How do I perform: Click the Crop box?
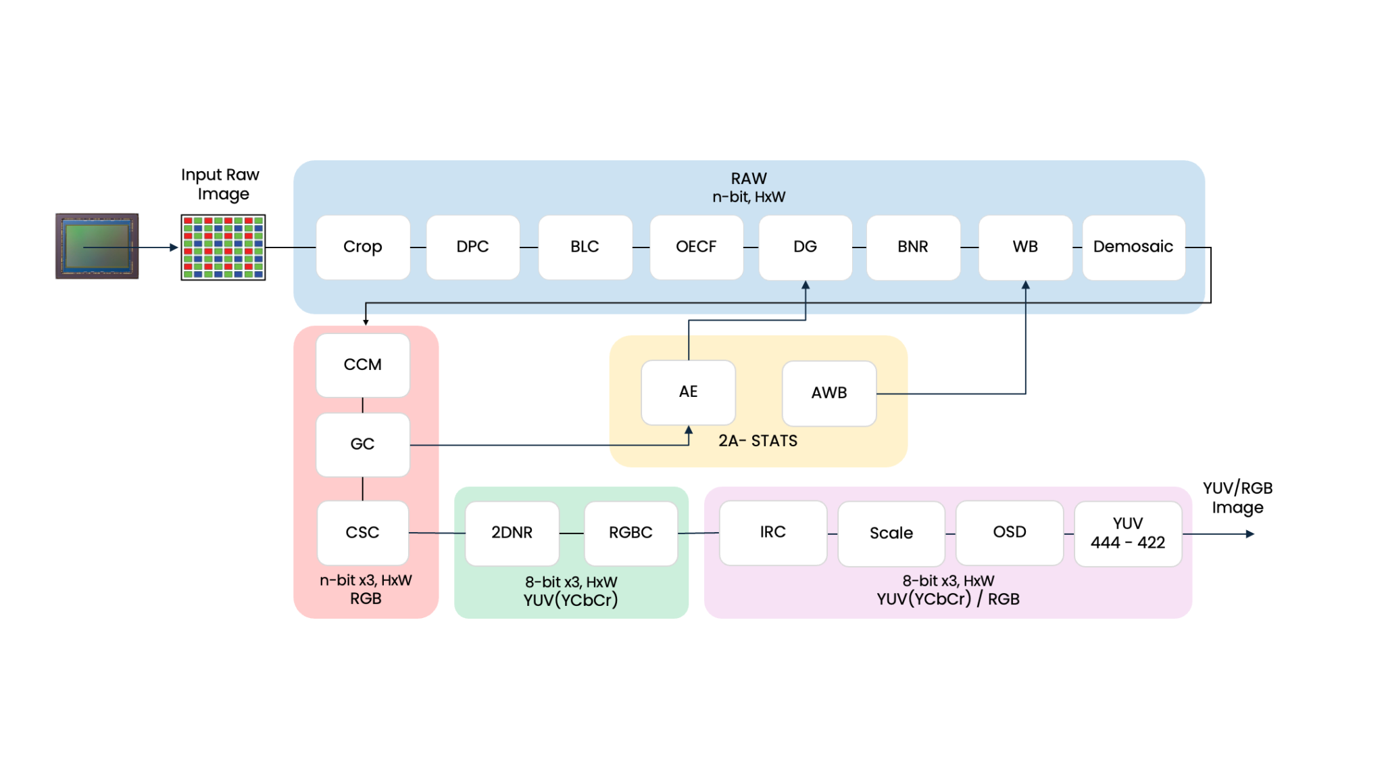click(x=363, y=247)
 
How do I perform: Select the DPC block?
click(x=472, y=247)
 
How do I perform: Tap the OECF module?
click(x=696, y=247)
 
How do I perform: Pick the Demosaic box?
click(x=1133, y=247)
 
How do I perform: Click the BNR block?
click(x=913, y=247)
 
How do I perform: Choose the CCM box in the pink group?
click(x=363, y=364)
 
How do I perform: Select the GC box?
click(x=363, y=444)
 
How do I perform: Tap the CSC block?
click(x=363, y=533)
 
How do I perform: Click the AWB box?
click(x=829, y=393)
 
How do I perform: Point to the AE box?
click(x=688, y=392)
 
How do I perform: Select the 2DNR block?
click(x=512, y=533)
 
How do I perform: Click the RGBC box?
click(x=631, y=533)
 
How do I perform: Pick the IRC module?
click(x=773, y=532)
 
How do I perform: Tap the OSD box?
click(x=1010, y=532)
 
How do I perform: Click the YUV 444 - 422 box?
click(x=1128, y=533)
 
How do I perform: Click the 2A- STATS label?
click(x=758, y=441)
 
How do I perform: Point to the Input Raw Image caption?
click(x=220, y=184)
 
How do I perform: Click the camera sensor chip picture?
click(x=97, y=246)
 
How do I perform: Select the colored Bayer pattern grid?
click(x=223, y=247)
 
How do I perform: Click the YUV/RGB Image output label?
click(x=1237, y=498)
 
